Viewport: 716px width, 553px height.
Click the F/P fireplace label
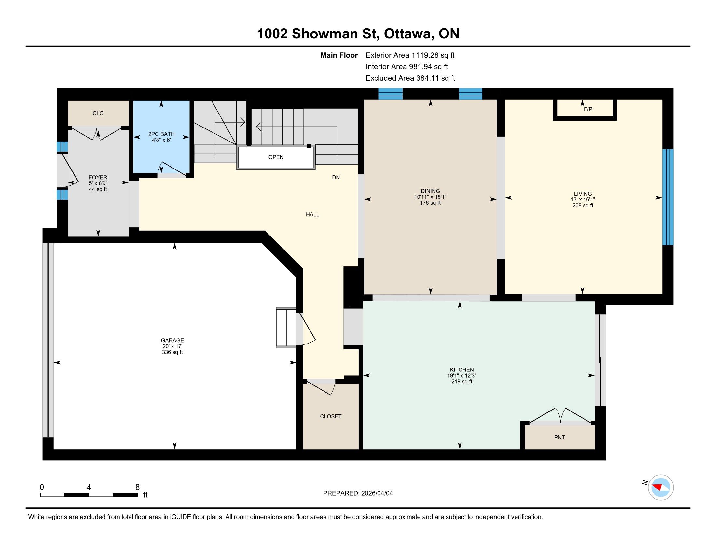(x=588, y=109)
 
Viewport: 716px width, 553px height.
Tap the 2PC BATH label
(x=161, y=134)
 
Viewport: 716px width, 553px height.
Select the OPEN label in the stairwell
(x=276, y=157)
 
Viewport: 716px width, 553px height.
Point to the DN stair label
(x=336, y=177)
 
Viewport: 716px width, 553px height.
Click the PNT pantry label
(x=559, y=437)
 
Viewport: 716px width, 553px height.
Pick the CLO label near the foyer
(x=98, y=113)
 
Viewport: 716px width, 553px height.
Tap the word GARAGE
(x=172, y=340)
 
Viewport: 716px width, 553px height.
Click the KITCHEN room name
(x=461, y=370)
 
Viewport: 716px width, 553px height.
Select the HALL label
(x=312, y=215)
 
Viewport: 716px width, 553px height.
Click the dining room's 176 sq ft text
(x=430, y=203)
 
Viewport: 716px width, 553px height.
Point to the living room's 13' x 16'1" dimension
(x=583, y=199)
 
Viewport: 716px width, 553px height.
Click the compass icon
(x=661, y=487)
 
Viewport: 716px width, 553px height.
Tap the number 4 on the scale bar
(x=89, y=487)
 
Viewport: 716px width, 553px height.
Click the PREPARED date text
(x=358, y=493)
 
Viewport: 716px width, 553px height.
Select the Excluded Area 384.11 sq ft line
(x=410, y=78)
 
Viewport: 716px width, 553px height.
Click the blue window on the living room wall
(x=668, y=197)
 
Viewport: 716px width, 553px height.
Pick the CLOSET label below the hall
(x=330, y=416)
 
